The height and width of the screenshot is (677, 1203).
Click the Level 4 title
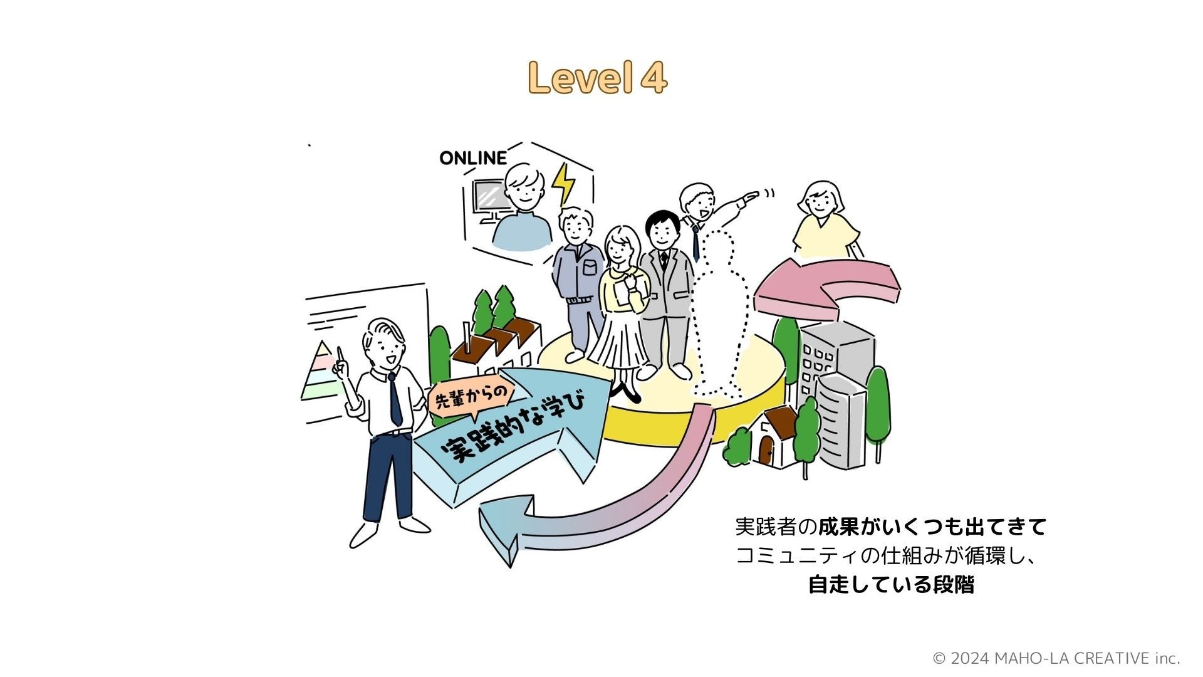tap(597, 78)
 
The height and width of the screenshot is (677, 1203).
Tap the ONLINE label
tap(473, 158)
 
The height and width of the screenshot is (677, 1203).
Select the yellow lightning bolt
tap(564, 183)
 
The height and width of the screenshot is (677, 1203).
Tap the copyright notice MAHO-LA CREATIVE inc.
tap(1056, 658)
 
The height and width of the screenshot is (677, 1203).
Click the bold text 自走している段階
tap(891, 585)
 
